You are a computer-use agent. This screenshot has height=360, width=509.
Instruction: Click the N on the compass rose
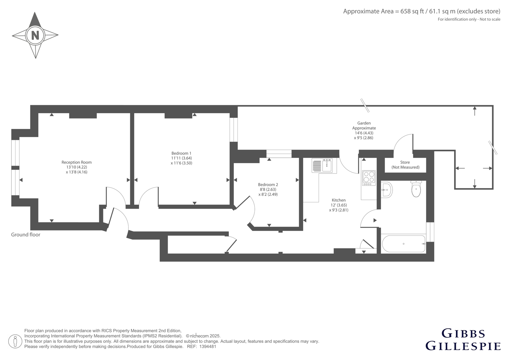pos(35,35)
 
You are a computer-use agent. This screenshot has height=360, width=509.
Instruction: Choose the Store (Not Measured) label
pos(405,165)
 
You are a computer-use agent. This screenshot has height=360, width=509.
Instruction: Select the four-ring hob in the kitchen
pos(369,178)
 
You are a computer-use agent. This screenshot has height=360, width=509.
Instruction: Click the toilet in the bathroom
pos(416,188)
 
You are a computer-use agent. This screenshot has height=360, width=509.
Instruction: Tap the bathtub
pos(404,244)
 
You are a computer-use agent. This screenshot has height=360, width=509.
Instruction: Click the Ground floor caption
pos(26,235)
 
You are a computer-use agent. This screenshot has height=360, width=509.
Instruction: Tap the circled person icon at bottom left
pos(15,341)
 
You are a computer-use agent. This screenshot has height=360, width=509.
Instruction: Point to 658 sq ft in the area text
pos(412,11)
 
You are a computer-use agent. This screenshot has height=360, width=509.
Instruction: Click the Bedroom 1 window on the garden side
pos(234,130)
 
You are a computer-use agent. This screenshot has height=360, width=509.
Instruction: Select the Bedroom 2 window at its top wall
pos(279,154)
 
